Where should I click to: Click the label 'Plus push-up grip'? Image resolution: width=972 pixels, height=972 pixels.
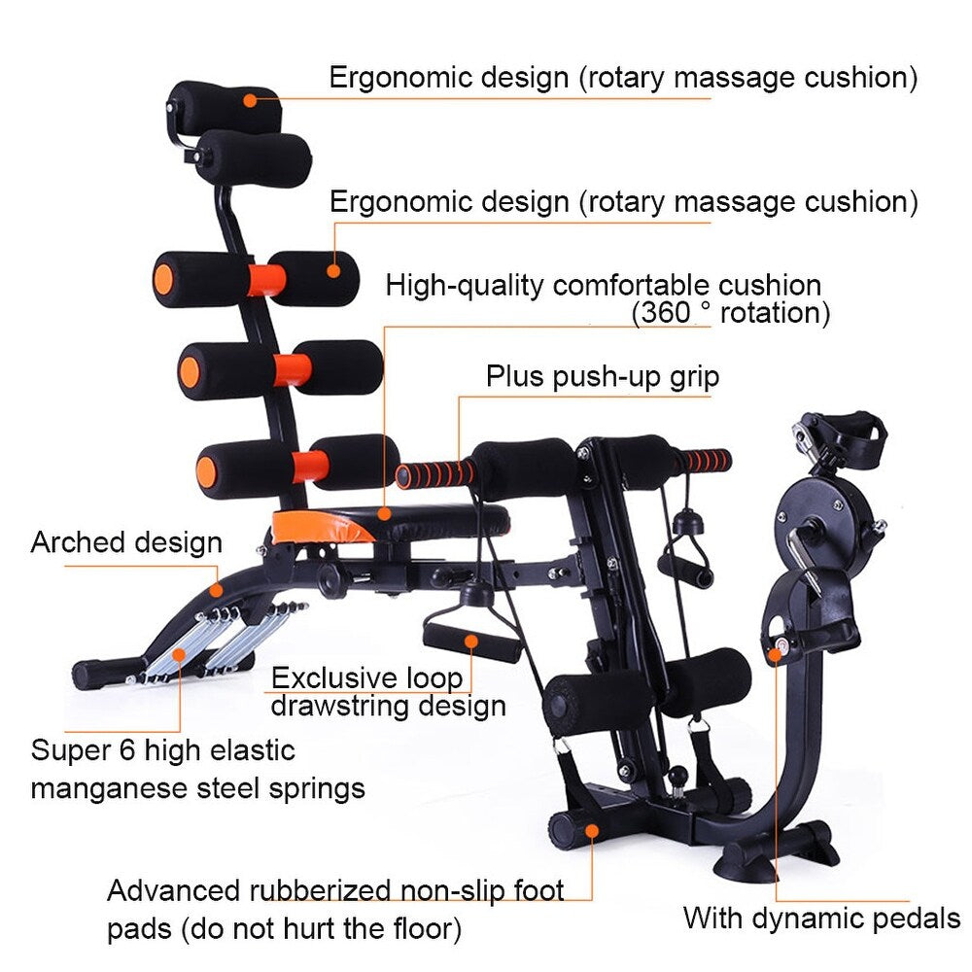(603, 377)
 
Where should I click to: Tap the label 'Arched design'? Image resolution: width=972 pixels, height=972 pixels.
(126, 543)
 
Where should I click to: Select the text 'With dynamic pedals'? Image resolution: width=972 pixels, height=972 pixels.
(822, 919)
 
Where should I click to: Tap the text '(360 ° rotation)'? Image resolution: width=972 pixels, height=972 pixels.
(731, 313)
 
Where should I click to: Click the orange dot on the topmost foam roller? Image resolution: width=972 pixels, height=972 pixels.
(250, 100)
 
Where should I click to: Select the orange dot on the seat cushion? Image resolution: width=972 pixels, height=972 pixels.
(385, 513)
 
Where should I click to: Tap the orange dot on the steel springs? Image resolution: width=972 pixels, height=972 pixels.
(180, 654)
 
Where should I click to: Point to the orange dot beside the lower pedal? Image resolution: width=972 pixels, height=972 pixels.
(776, 654)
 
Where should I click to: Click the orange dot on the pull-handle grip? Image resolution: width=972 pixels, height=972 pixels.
(471, 642)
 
